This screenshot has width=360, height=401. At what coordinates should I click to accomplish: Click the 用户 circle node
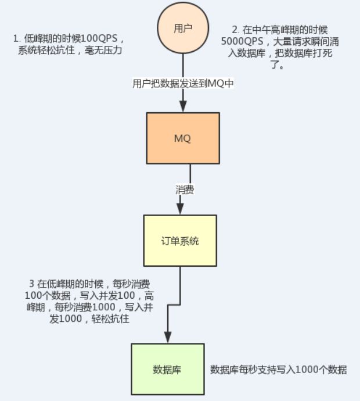tap(183, 28)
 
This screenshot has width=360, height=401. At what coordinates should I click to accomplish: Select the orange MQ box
tap(183, 138)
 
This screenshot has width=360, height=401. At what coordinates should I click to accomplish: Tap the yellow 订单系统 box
tap(180, 240)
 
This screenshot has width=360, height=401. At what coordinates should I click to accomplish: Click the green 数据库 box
tap(168, 369)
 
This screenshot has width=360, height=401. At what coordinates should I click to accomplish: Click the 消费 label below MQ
tap(185, 189)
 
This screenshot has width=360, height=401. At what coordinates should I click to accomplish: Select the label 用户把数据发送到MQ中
tap(183, 83)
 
